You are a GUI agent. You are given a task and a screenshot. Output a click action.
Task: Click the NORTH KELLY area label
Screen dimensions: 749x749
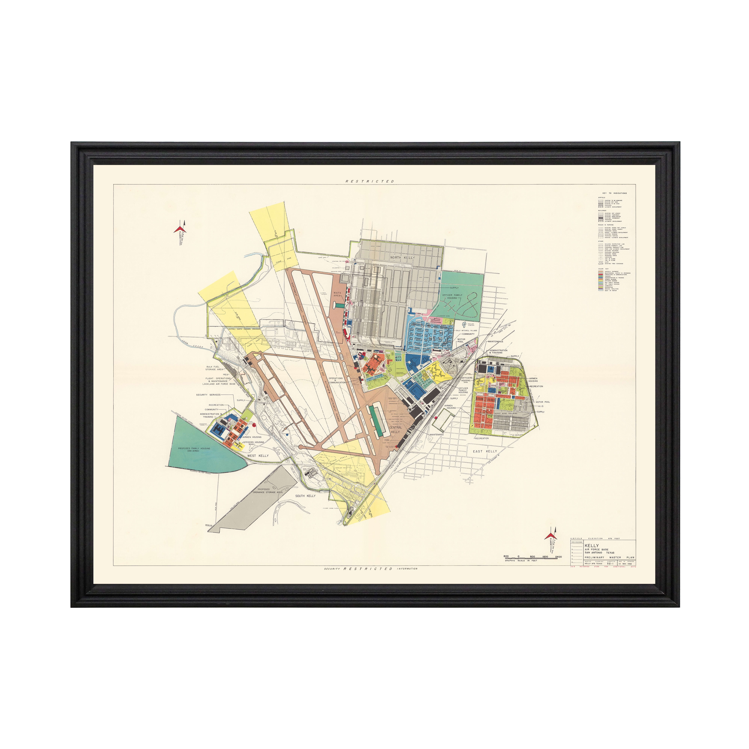click(402, 257)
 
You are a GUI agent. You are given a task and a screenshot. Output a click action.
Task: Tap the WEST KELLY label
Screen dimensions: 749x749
click(258, 456)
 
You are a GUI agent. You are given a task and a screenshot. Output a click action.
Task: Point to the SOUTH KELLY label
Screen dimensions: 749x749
click(305, 496)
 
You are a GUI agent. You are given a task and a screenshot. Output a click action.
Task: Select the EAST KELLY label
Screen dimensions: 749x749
click(485, 451)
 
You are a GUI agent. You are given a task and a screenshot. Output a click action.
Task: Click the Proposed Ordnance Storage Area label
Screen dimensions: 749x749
click(268, 491)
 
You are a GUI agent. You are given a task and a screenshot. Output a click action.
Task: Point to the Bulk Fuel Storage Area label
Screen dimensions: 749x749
click(214, 368)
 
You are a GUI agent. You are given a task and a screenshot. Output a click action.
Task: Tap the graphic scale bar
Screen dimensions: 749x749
click(532, 557)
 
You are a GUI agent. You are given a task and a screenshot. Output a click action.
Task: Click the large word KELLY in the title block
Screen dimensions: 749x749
click(592, 545)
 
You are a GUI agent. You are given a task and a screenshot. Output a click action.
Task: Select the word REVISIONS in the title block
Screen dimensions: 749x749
click(577, 542)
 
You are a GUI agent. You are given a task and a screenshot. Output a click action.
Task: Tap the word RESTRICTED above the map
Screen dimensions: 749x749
click(369, 181)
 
